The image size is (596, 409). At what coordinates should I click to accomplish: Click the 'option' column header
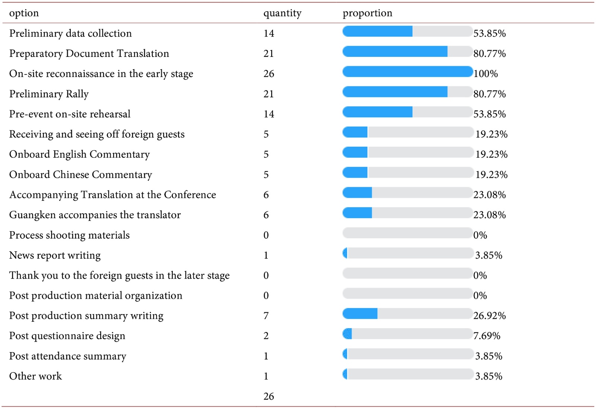(24, 13)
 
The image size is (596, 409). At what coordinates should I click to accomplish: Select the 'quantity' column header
(282, 13)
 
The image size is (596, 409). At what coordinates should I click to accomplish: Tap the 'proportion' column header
(367, 13)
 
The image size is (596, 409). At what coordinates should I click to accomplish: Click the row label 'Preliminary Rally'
(49, 94)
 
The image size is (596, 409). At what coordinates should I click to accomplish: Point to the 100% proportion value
(485, 74)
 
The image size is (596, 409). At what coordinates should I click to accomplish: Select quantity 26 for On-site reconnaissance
(269, 74)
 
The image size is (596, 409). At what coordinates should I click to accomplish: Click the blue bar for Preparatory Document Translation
(395, 51)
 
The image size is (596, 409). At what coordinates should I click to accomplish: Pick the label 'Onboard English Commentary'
(79, 154)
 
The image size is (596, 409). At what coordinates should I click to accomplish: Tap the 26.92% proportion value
(489, 316)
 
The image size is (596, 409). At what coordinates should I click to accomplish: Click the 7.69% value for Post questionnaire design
(486, 336)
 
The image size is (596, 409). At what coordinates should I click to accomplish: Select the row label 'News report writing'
(55, 255)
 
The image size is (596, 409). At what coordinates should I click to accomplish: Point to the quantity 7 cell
(266, 316)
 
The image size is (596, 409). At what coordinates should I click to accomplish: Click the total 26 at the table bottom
(269, 396)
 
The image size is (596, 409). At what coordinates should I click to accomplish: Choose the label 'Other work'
(35, 376)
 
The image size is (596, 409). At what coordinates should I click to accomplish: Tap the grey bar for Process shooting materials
(407, 233)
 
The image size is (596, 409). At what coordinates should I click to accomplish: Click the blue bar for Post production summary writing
(360, 314)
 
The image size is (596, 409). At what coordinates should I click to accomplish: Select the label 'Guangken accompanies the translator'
(95, 215)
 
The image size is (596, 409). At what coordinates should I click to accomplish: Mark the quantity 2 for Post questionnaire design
(266, 336)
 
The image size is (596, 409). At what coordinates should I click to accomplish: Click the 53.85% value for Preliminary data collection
(489, 33)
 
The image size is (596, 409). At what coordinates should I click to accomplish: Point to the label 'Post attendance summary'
(68, 356)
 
